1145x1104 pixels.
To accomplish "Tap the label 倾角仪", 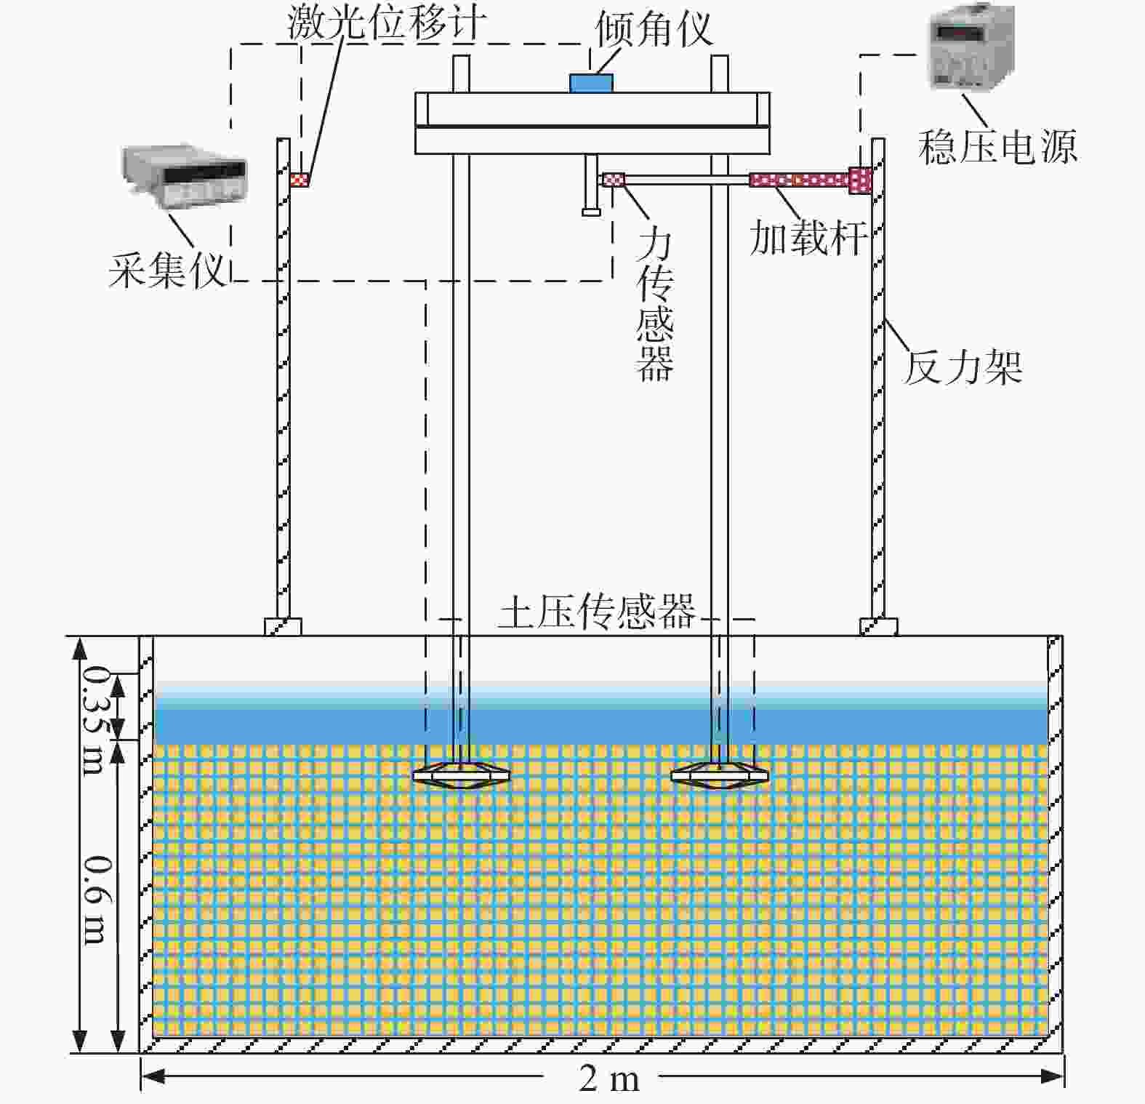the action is [654, 29].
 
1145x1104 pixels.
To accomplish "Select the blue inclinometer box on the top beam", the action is [591, 83].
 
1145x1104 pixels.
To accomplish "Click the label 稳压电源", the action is [997, 146].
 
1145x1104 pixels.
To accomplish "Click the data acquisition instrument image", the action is [184, 175].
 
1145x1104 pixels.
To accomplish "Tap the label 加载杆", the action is [808, 237].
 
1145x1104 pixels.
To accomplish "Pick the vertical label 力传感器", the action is [654, 305].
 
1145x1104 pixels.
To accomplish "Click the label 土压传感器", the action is [597, 612].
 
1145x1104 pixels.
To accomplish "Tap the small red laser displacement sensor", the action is [299, 179].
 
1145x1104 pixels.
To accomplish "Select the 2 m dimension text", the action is [609, 1079].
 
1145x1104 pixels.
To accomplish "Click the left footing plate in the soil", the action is [461, 775].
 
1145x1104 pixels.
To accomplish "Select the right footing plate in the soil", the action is [720, 775].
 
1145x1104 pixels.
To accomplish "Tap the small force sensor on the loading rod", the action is [613, 179].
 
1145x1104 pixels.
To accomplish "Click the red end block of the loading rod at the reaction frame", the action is [860, 180].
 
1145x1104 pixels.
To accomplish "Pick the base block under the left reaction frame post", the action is [283, 627].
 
